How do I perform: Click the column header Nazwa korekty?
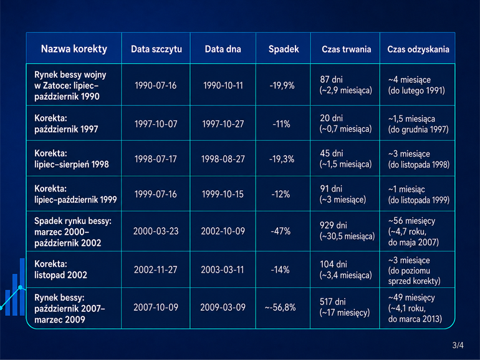pos(74,49)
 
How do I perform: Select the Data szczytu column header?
pos(156,49)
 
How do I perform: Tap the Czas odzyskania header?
pos(418,49)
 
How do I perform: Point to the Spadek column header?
pos(284,49)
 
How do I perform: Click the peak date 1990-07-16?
pos(155,85)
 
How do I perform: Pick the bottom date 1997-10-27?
pos(223,124)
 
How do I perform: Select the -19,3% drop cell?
pos(282,159)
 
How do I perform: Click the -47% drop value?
pos(281,231)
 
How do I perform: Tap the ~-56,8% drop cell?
pos(281,308)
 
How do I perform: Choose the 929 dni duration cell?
pos(347,231)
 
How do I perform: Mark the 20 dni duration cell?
pos(345,124)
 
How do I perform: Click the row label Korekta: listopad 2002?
pos(60,270)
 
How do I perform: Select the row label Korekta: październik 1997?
pos(66,124)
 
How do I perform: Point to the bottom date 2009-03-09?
pos(223,308)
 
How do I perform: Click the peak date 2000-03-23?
pos(156,231)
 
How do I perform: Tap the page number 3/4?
pos(458,345)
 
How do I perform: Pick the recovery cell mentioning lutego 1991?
pos(416,85)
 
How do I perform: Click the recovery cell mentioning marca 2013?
pos(415,308)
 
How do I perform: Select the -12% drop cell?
pos(281,194)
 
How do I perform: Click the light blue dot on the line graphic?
pos(20,288)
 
